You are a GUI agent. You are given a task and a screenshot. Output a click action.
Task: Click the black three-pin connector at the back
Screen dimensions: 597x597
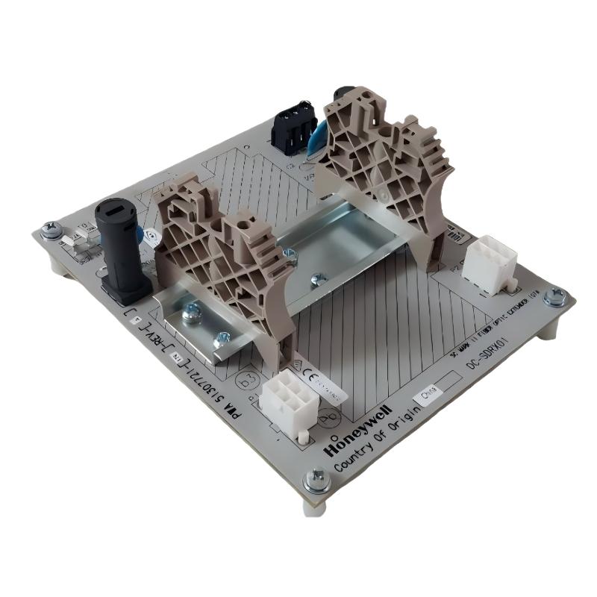(x=292, y=128)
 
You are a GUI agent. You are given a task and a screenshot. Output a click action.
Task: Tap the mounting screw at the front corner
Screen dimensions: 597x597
(x=318, y=478)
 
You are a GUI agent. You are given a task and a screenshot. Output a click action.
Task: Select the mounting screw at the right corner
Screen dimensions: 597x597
(x=554, y=298)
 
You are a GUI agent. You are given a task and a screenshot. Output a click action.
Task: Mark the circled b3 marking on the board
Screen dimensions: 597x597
(x=246, y=379)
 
